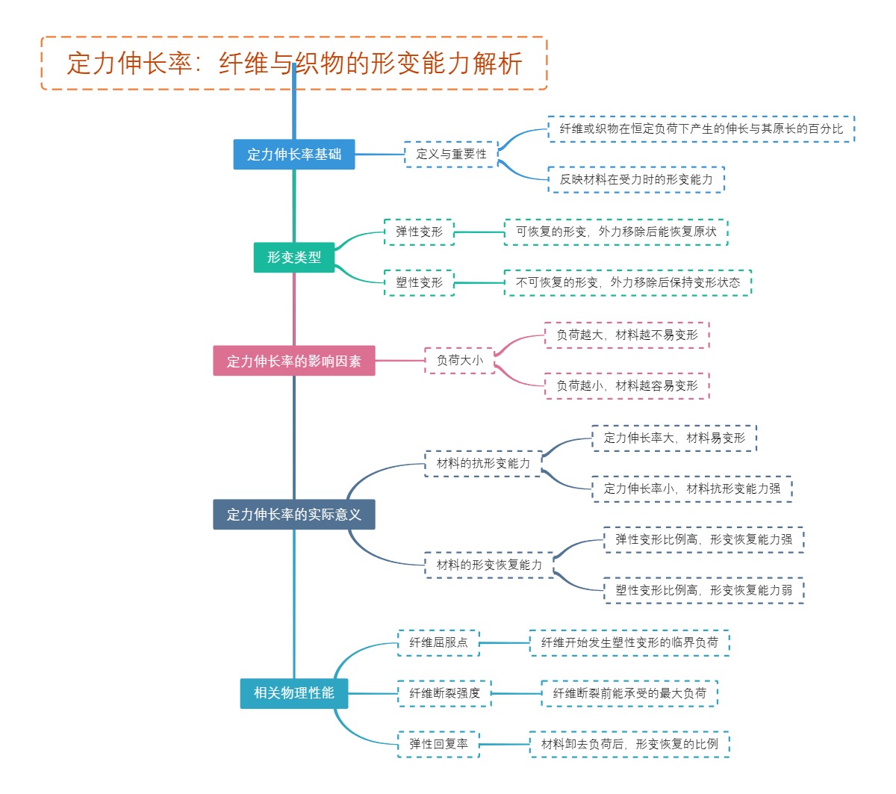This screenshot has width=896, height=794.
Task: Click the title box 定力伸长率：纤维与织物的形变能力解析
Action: (294, 63)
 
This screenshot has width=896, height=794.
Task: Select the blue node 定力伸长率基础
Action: (294, 155)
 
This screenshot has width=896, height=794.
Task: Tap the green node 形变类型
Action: (294, 258)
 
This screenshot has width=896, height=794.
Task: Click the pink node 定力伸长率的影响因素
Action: (294, 361)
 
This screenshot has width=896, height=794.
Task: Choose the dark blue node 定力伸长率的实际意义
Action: (294, 515)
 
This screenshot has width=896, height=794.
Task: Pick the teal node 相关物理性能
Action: (294, 693)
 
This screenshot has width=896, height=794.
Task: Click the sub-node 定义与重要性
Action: (451, 155)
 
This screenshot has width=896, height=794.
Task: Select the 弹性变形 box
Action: (419, 232)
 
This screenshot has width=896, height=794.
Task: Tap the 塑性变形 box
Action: (419, 283)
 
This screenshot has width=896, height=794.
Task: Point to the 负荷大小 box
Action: (459, 361)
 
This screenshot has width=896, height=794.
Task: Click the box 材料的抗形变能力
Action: (483, 464)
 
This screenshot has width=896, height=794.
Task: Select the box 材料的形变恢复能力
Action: (489, 565)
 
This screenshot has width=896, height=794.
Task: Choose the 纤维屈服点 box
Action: (438, 643)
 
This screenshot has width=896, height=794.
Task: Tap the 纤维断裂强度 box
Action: (444, 694)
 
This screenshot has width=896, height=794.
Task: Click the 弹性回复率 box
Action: (438, 745)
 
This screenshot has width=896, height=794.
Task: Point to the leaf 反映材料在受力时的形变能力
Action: (636, 180)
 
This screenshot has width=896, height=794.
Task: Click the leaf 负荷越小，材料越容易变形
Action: (626, 386)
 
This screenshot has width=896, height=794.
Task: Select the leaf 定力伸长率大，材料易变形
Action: (674, 438)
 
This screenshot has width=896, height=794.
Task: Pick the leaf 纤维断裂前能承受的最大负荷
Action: (629, 694)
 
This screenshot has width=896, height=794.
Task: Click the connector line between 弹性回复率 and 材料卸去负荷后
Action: (505, 745)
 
